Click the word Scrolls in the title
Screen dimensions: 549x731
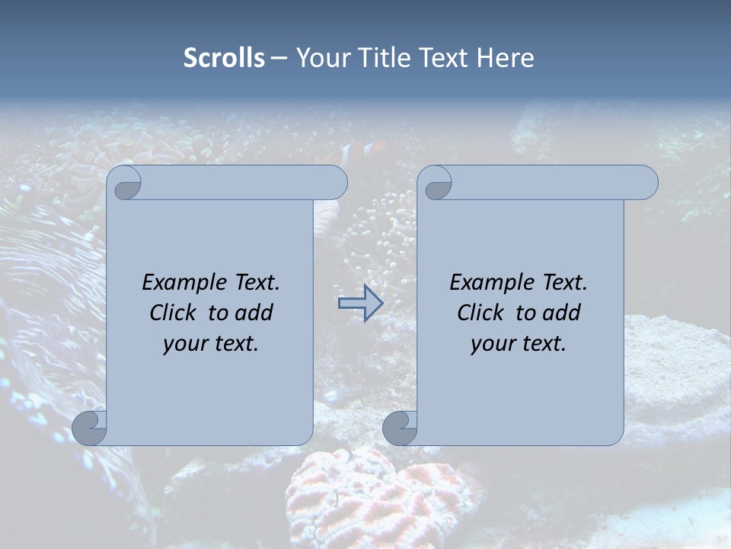224,58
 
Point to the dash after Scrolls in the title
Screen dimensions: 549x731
279,59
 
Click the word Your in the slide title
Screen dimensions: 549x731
320,58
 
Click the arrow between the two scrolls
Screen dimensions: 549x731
360,303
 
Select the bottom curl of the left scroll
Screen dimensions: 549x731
90,428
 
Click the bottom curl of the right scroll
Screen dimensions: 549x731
400,428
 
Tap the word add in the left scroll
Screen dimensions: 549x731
254,313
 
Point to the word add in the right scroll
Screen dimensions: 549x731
561,313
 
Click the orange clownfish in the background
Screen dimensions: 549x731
358,151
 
